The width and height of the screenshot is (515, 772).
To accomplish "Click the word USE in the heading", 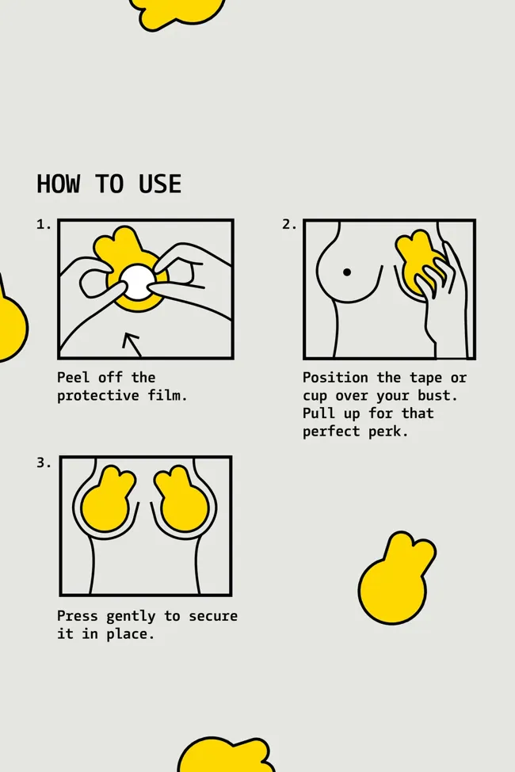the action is pos(160,184).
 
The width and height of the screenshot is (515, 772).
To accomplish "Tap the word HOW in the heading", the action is pos(58,184).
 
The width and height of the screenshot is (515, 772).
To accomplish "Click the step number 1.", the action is pos(44,225).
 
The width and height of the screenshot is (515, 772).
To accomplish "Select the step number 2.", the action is pos(289,225).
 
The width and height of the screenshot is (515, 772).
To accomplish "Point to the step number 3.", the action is pos(44,463).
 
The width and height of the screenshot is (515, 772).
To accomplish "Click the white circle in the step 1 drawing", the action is pos(136,282).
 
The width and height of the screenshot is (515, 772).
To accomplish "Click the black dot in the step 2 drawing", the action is pos(347,272).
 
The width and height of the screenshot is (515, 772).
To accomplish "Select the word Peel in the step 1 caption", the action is pos(74,378).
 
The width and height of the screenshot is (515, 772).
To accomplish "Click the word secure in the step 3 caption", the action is pos(213,616).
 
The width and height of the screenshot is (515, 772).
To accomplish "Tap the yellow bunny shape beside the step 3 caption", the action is pos(395,581).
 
